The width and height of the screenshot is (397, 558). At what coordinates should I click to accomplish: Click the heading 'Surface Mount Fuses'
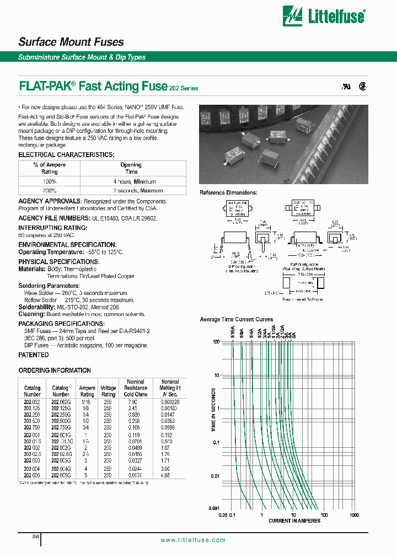[71, 42]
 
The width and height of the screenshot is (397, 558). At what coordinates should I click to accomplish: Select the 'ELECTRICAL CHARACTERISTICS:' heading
[67, 155]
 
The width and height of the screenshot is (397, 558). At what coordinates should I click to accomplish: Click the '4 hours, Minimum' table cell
[131, 181]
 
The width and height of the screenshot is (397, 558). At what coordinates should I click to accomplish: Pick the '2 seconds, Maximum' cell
[131, 190]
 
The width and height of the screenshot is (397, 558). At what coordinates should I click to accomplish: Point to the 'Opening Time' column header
[131, 168]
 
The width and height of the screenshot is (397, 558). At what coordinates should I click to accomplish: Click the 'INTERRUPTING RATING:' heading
[52, 228]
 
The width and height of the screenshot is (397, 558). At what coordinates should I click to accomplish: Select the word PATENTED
[34, 355]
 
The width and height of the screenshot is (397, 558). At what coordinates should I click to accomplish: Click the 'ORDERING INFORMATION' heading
[55, 371]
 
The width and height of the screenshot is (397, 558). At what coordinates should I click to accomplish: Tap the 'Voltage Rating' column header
[108, 391]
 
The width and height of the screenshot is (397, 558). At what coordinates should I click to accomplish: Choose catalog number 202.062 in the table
[32, 403]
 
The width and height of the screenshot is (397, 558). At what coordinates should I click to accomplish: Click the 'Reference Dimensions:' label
[228, 192]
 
